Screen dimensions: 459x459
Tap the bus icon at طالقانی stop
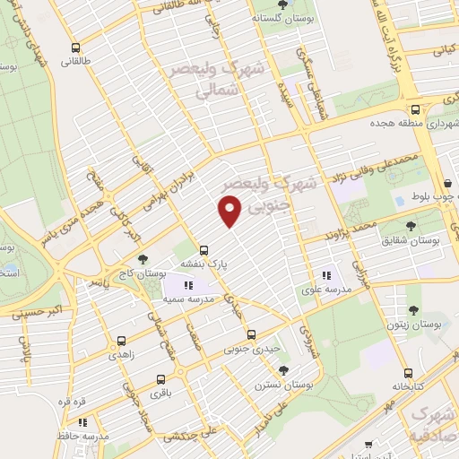click(74, 48)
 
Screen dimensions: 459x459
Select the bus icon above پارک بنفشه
click(205, 250)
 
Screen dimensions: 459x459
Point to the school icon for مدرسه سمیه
click(188, 285)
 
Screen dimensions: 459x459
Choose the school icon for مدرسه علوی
click(327, 275)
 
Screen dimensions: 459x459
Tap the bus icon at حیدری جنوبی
click(250, 333)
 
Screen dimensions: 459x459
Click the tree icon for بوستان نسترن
click(284, 369)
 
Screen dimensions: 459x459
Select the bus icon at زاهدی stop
click(122, 342)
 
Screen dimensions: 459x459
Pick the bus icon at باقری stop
click(160, 379)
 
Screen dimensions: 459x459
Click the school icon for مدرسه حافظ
click(83, 421)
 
